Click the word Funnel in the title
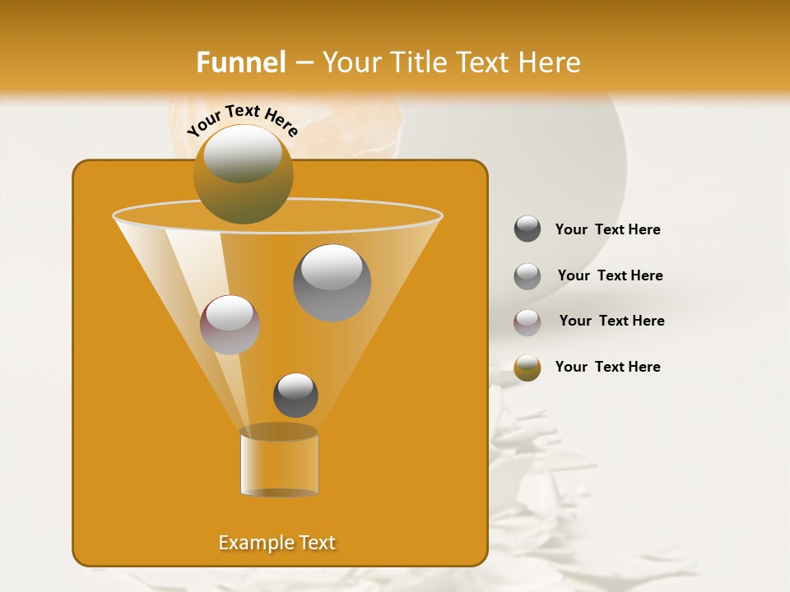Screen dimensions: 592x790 coord(240,62)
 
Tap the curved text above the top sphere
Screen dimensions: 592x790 coord(242,119)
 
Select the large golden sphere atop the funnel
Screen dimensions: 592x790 coord(243,174)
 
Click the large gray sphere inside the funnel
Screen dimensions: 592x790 coord(332,283)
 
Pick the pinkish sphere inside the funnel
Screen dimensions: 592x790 coord(230,325)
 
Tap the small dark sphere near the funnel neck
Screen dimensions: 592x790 coord(295,395)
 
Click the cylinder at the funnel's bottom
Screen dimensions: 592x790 coord(279,462)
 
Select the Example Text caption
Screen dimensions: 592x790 coord(276,543)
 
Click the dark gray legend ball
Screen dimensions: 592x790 coord(527,229)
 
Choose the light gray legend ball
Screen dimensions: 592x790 coord(527,275)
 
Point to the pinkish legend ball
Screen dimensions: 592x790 coord(527,321)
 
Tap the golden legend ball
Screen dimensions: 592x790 coord(527,368)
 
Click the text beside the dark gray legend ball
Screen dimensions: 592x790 coord(607,229)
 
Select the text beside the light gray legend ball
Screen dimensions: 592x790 coord(610,275)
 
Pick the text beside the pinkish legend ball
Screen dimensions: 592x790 coord(611,321)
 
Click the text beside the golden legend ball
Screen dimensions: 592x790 coord(607,367)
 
